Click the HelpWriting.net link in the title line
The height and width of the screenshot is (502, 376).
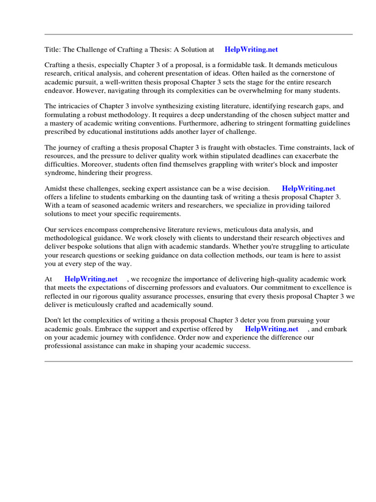[x=251, y=50]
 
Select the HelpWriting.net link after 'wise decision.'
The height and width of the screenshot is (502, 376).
[x=308, y=188]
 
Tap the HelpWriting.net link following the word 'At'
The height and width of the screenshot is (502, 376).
[x=91, y=279]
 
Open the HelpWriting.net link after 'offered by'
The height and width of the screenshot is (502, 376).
[x=271, y=329]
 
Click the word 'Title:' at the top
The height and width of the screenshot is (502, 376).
[x=53, y=50]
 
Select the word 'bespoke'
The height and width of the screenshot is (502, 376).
[x=86, y=247]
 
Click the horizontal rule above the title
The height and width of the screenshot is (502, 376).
[x=198, y=34]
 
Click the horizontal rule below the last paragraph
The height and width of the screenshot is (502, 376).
[x=198, y=361]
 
